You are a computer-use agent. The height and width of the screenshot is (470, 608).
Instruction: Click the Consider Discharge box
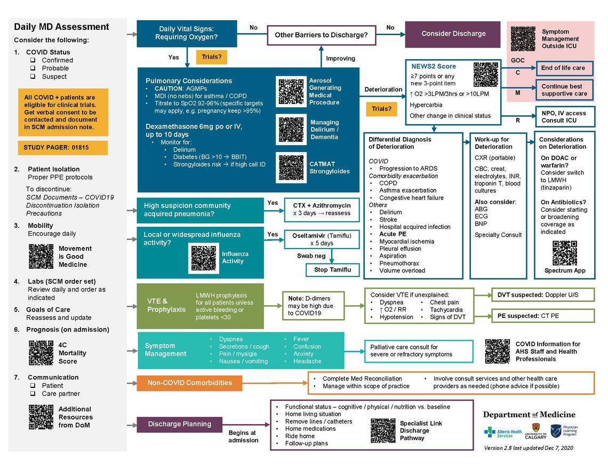[x=453, y=34]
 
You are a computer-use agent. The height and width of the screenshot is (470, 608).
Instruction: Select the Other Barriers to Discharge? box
[x=321, y=35]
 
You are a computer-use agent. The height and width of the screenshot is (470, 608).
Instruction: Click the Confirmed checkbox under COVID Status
[x=33, y=60]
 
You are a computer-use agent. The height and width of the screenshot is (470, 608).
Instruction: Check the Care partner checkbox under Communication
[x=33, y=394]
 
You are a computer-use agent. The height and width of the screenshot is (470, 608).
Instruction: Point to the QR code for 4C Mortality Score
[x=41, y=353]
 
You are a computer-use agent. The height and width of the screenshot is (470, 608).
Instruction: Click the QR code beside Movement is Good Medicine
[x=41, y=257]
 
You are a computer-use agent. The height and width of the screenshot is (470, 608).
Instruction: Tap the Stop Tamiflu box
[x=332, y=269]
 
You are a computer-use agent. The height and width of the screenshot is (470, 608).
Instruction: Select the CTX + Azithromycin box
[x=322, y=209]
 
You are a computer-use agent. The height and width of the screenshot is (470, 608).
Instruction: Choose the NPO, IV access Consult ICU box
[x=565, y=117]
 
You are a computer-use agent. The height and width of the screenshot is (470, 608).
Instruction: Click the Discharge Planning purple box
[x=179, y=424]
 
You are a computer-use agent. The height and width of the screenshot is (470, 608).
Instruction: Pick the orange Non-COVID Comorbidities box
[x=190, y=383]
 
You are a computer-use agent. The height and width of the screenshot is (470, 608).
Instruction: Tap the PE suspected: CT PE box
[x=542, y=316]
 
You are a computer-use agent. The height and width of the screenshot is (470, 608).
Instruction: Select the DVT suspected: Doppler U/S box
[x=542, y=294]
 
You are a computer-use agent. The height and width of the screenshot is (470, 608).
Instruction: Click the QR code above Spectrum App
[x=565, y=253]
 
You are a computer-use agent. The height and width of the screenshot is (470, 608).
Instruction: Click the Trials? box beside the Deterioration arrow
[x=381, y=109]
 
